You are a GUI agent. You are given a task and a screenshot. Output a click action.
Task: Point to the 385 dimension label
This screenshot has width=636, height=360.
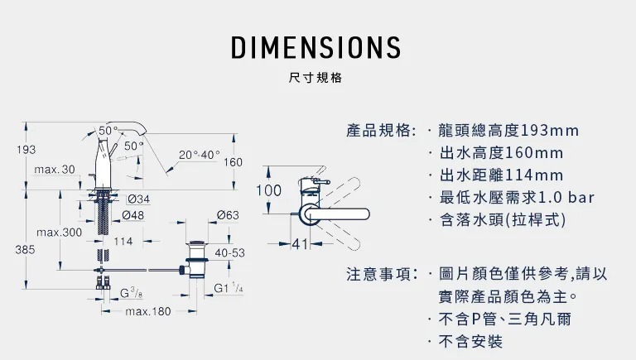tap(26, 248)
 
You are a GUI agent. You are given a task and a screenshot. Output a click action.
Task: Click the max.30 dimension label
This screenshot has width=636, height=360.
tap(55, 170)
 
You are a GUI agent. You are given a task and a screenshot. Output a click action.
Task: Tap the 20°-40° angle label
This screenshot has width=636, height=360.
tap(200, 155)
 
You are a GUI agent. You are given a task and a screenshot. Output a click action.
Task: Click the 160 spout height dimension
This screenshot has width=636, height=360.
tap(232, 162)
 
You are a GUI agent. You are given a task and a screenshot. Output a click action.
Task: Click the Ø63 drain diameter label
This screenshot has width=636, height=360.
tap(228, 215)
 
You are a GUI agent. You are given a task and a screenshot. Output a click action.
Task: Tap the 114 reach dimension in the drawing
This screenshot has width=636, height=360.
tap(123, 242)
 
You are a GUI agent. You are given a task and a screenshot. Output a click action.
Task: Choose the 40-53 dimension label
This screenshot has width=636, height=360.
tap(229, 252)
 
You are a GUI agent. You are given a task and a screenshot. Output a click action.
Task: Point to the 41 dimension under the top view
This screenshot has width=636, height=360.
tap(300, 245)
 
